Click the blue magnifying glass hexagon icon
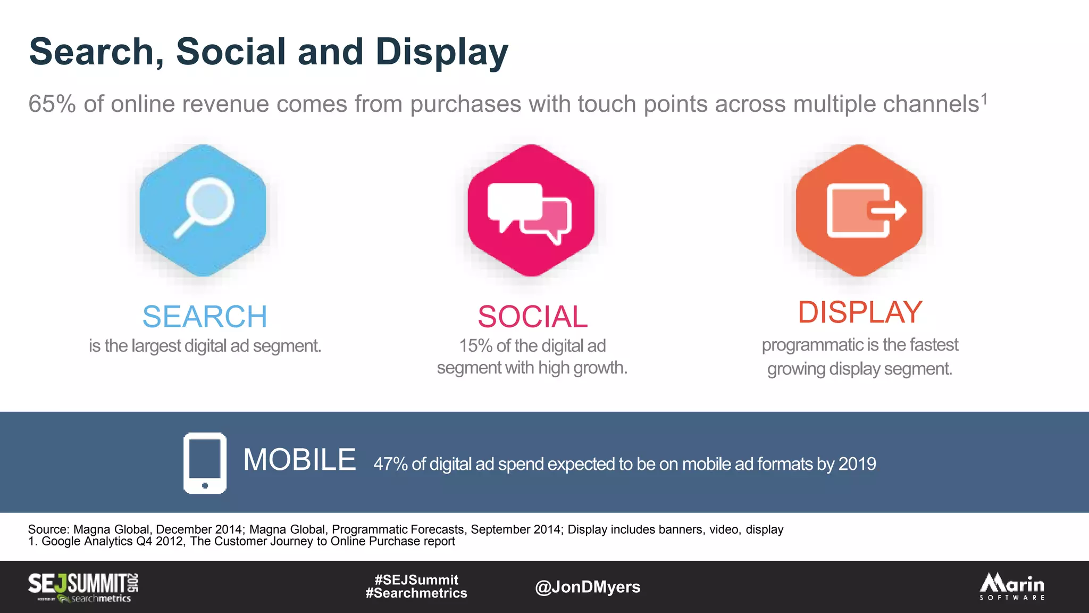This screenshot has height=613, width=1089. pyautogui.click(x=203, y=211)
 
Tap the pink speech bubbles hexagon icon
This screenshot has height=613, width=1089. pyautogui.click(x=531, y=211)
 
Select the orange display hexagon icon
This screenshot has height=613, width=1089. pyautogui.click(x=859, y=211)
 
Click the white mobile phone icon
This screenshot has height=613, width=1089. pyautogui.click(x=205, y=463)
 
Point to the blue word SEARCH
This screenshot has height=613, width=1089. pyautogui.click(x=205, y=317)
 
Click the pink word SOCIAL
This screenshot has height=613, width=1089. pyautogui.click(x=532, y=317)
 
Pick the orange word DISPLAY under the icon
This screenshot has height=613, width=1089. pyautogui.click(x=860, y=312)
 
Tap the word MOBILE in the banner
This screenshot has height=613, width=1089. pyautogui.click(x=299, y=460)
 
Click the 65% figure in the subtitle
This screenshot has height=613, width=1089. pyautogui.click(x=52, y=104)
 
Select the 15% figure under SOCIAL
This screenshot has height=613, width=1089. pyautogui.click(x=475, y=346)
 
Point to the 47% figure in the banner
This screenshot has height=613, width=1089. pyautogui.click(x=390, y=464)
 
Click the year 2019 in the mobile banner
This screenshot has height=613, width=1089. pyautogui.click(x=857, y=464)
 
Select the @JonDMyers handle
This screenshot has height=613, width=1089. pyautogui.click(x=588, y=587)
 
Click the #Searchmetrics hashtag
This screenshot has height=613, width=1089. pyautogui.click(x=416, y=593)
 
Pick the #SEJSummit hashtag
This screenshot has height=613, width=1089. pyautogui.click(x=416, y=579)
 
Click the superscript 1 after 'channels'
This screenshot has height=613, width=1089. pyautogui.click(x=984, y=98)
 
